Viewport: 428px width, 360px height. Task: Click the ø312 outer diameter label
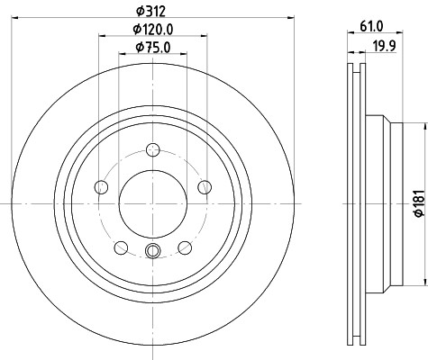[150, 12]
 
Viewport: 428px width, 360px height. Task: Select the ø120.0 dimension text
[153, 30]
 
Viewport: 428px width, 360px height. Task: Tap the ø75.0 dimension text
[153, 48]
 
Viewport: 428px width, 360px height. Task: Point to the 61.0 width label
[371, 27]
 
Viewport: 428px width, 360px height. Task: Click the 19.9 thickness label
[385, 46]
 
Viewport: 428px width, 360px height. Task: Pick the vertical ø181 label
[419, 202]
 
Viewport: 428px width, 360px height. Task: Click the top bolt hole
[153, 150]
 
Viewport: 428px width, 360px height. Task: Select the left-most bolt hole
[101, 187]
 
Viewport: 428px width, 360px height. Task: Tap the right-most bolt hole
[205, 187]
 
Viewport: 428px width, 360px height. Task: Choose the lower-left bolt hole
[122, 247]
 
